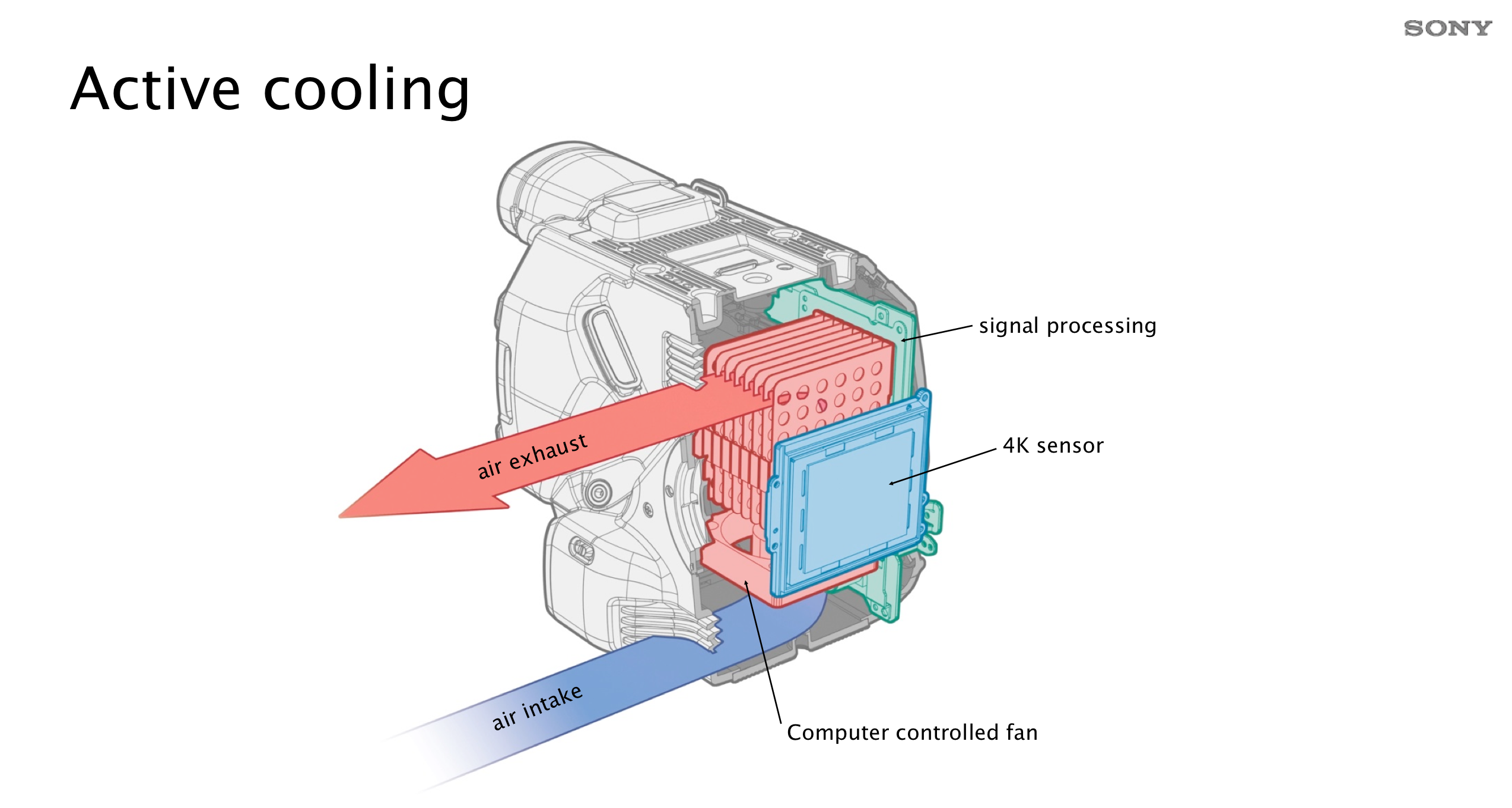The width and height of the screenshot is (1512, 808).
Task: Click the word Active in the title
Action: point(155,90)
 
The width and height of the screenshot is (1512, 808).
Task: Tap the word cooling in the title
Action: point(366,90)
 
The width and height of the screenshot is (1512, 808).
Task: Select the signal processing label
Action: point(1067,326)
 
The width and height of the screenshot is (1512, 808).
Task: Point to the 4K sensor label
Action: point(1053,446)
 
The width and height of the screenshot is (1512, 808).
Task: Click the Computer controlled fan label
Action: point(912,733)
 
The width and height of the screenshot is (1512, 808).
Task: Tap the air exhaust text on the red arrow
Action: point(532,456)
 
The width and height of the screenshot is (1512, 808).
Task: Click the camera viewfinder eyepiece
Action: point(534,184)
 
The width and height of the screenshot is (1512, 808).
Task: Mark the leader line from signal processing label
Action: point(938,333)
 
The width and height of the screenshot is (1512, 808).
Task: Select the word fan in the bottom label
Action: point(1021,733)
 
